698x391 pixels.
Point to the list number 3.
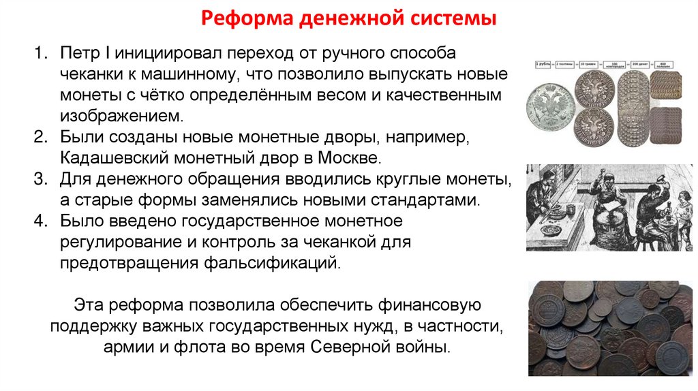pyautogui.click(x=40, y=180)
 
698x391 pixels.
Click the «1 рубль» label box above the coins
pyautogui.click(x=543, y=65)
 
